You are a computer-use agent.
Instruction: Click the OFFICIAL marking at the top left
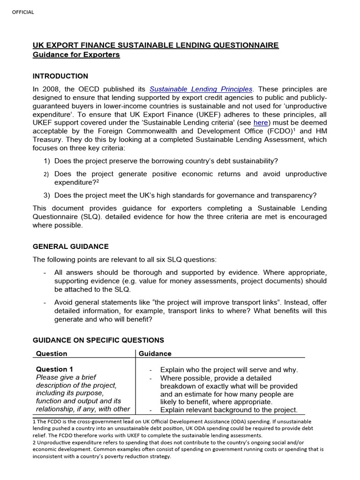[23, 12]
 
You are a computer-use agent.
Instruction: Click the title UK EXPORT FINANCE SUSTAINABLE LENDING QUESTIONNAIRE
[155, 45]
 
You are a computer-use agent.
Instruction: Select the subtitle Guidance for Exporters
[76, 55]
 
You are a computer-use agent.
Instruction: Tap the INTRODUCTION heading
[60, 76]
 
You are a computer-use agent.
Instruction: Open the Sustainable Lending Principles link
[201, 89]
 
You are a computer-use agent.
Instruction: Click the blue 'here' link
[261, 122]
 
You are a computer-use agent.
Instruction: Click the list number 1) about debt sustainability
[46, 161]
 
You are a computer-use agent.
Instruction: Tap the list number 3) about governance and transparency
[46, 195]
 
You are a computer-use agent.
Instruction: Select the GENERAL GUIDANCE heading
[70, 246]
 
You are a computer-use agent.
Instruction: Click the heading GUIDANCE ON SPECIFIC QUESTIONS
[98, 340]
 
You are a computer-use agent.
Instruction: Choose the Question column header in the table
[52, 353]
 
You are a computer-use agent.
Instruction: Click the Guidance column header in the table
[155, 353]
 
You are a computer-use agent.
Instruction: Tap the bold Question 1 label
[54, 369]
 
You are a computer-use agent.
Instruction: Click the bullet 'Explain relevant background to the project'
[228, 410]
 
